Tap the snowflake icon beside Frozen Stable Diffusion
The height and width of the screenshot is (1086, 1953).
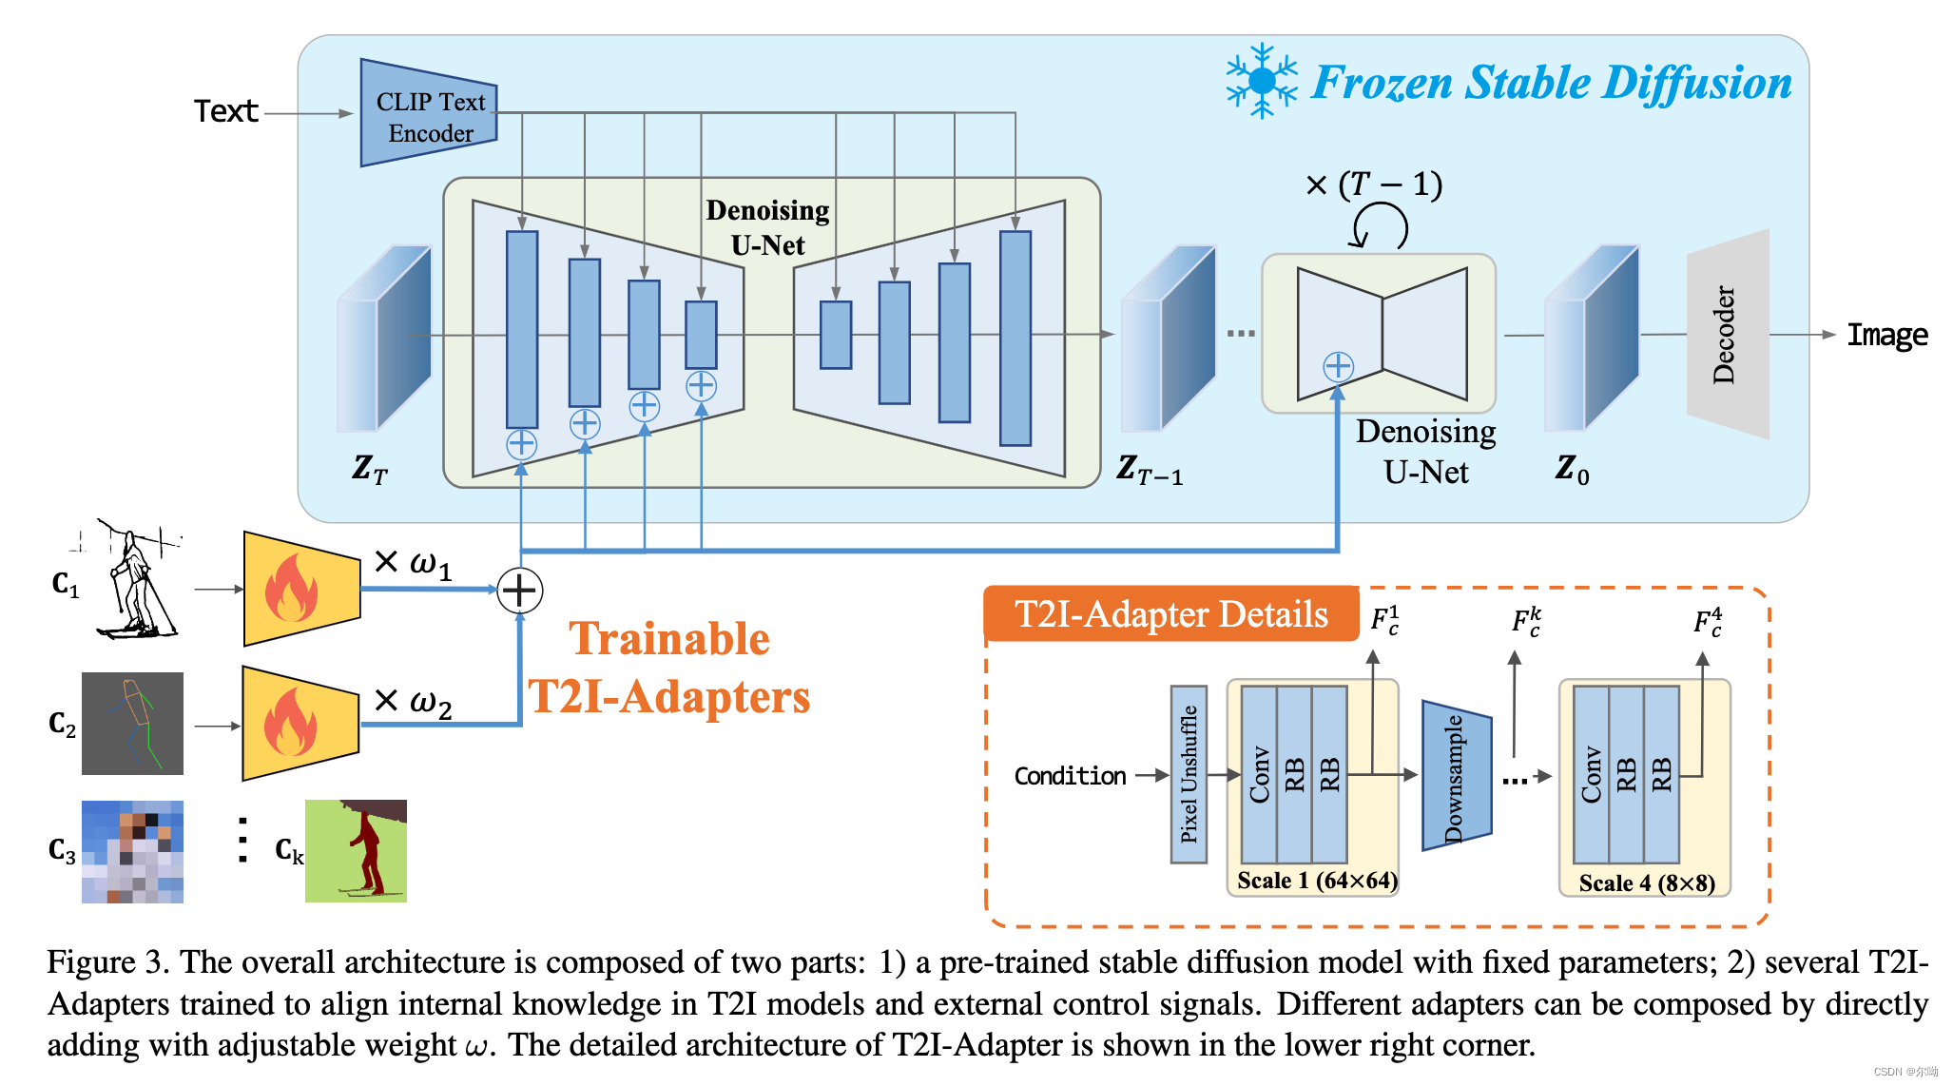click(1261, 81)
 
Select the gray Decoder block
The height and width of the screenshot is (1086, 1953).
click(1727, 335)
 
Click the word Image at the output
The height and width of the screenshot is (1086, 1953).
click(1886, 335)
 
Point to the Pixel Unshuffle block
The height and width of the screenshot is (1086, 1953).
click(1189, 774)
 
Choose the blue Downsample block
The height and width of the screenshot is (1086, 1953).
click(1456, 776)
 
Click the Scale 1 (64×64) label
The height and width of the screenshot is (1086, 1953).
click(1317, 881)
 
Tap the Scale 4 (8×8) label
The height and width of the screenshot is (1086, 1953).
click(1647, 883)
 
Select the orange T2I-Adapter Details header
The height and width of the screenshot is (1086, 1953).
click(1170, 614)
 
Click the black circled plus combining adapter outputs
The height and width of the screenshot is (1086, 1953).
click(520, 591)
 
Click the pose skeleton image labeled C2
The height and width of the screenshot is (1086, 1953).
click(132, 724)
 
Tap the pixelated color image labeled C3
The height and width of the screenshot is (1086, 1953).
click(132, 851)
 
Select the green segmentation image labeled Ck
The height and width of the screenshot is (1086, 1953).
click(356, 850)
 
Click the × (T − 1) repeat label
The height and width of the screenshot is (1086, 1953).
click(1374, 184)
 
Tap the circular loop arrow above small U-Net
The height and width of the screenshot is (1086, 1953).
click(1380, 227)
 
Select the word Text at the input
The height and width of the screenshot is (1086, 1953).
click(226, 112)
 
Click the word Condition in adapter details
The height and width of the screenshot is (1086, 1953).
click(1070, 776)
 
